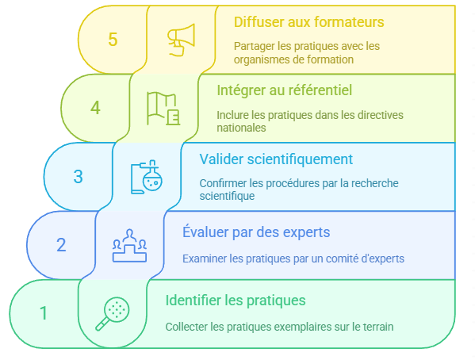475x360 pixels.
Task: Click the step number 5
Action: click(x=113, y=40)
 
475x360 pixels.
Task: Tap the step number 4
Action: click(x=95, y=108)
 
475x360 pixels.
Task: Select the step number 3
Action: click(x=79, y=176)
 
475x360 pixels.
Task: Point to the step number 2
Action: click(x=61, y=245)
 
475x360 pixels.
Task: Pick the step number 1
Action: click(x=44, y=313)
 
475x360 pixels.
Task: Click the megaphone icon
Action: click(x=181, y=40)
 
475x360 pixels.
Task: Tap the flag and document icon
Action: click(x=163, y=109)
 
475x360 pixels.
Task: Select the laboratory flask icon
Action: click(x=147, y=177)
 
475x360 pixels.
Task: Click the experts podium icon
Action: click(x=130, y=246)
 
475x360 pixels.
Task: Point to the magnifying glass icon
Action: click(x=113, y=314)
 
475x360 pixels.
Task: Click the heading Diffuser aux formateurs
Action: click(x=308, y=22)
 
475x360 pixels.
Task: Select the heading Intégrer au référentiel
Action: click(x=284, y=90)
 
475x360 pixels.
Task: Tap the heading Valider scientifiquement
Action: click(x=276, y=159)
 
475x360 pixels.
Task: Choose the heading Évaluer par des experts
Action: click(x=256, y=232)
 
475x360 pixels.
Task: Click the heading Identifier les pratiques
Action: click(x=236, y=301)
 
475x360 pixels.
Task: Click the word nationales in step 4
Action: click(x=241, y=128)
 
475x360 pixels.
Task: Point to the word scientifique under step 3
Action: click(x=227, y=196)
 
